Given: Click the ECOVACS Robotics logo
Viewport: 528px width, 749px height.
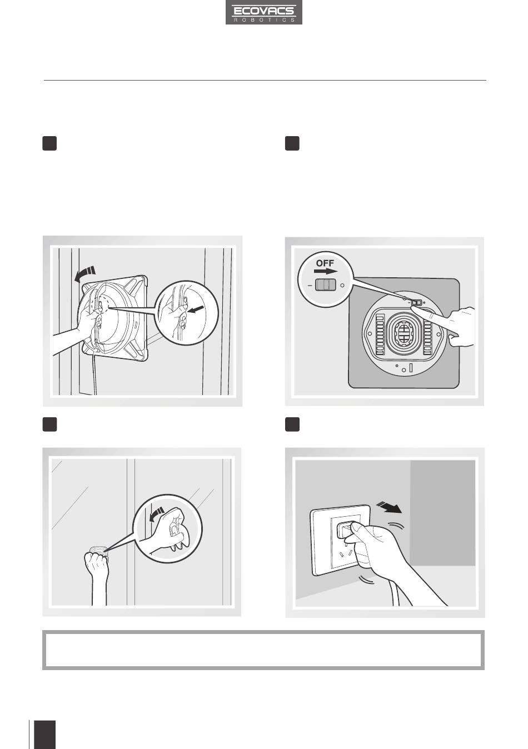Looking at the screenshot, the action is point(264,12).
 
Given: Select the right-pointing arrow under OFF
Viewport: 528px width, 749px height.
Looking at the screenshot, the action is point(325,271).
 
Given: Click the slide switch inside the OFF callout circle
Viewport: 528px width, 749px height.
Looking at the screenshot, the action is point(325,285).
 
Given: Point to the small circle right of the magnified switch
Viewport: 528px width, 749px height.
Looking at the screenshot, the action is point(342,286).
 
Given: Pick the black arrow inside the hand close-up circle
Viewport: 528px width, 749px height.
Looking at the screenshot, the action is point(195,310).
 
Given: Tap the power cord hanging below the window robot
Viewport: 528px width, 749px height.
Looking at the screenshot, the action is point(95,374).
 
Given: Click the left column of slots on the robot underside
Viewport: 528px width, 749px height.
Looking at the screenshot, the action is point(380,334).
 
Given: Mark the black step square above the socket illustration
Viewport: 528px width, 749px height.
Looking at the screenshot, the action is point(292,425).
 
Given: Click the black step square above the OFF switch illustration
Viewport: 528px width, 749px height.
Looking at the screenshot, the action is point(292,143).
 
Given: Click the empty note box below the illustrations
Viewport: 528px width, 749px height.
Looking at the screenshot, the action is point(263,651).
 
